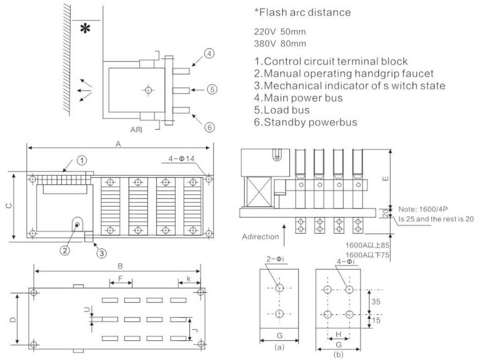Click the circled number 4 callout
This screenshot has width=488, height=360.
210,53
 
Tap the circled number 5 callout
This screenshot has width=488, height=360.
212,90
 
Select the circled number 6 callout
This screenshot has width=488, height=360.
210,127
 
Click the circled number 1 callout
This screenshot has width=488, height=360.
82,160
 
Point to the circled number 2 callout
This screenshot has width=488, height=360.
65,250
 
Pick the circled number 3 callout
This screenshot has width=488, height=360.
102,253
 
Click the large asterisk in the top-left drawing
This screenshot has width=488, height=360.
85,28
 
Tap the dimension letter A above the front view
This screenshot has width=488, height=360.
118,143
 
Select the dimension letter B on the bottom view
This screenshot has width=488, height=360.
120,266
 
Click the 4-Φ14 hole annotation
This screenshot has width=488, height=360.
181,159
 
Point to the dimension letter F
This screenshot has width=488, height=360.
121,278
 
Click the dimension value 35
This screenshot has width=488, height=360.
376,302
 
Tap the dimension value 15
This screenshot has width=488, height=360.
376,320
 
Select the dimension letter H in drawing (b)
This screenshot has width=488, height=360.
339,334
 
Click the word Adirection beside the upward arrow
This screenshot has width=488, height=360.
261,237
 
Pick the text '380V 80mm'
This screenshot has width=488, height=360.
280,43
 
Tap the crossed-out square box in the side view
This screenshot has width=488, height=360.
259,192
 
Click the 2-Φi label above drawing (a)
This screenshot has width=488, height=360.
275,259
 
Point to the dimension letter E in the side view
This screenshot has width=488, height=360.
385,179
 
